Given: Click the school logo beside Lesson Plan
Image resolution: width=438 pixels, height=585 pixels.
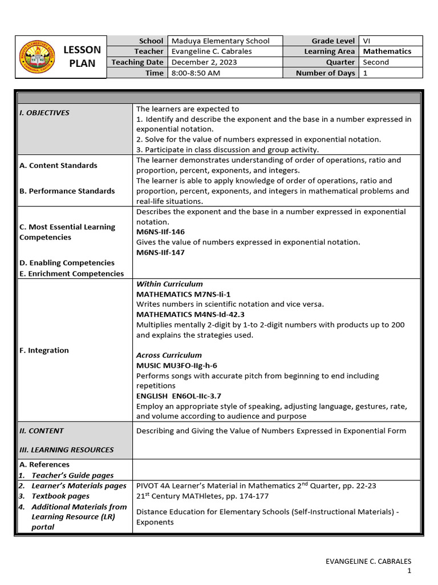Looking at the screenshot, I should coord(38,57).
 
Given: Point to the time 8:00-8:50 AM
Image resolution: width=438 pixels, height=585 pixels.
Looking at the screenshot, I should coord(196,73).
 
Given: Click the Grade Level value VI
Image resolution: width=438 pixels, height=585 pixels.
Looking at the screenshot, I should coord(367,41).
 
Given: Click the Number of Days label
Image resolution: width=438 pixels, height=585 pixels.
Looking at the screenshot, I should coord(325,73).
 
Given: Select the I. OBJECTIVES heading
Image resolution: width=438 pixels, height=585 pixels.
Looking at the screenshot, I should coord(44,113).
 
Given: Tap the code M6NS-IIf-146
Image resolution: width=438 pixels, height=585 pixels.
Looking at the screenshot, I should coord(160,232).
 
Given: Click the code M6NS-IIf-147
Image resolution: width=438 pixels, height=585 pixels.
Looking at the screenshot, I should coord(160,252).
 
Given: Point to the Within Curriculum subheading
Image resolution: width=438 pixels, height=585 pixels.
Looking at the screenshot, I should coord(169,284).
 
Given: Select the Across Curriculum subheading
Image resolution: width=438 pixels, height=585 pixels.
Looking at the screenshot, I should coord(169,355).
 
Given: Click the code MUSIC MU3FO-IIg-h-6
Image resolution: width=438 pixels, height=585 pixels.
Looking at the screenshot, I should coord(177,365).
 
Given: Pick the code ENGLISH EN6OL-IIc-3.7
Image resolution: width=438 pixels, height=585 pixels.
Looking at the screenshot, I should coord(179,395).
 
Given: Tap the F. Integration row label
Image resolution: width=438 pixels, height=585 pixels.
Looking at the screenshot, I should coord(44,350).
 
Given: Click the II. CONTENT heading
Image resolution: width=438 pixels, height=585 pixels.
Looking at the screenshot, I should coord(42,431).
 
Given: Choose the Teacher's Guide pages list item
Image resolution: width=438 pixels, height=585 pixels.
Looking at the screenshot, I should coord(72,475).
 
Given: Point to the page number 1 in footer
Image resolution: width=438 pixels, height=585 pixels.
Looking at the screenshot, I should coord(409,571).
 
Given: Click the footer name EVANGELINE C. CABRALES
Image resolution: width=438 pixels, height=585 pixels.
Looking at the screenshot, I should coord(368,561).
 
